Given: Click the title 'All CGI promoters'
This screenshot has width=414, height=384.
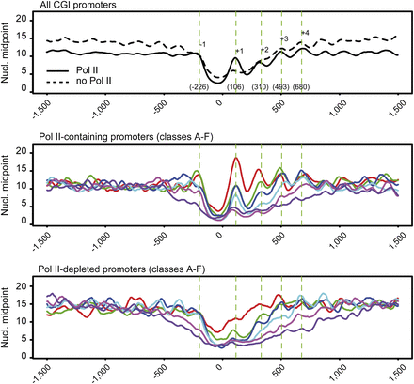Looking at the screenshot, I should pos(84,8).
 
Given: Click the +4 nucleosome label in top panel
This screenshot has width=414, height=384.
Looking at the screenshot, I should pos(304,34).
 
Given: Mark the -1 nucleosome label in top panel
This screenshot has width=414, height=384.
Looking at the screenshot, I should pos(204,44).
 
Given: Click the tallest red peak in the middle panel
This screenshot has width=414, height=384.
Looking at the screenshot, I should pos(235,159).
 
